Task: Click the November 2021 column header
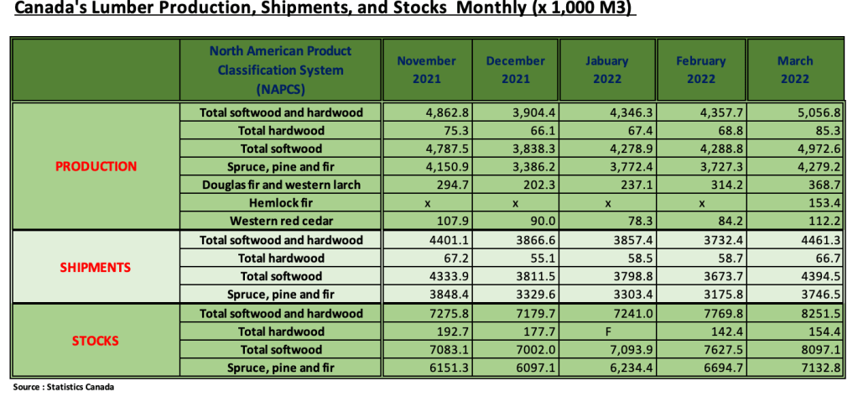pos(426,70)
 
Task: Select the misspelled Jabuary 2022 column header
pos(608,70)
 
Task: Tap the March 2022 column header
pos(794,70)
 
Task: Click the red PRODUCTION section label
pos(96,166)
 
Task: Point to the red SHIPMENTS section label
pos(96,268)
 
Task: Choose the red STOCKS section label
pos(96,341)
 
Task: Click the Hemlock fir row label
pos(281,203)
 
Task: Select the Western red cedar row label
pos(281,222)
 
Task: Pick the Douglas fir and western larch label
pos(281,185)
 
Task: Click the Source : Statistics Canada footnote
pos(64,388)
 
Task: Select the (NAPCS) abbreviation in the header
pos(281,88)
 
